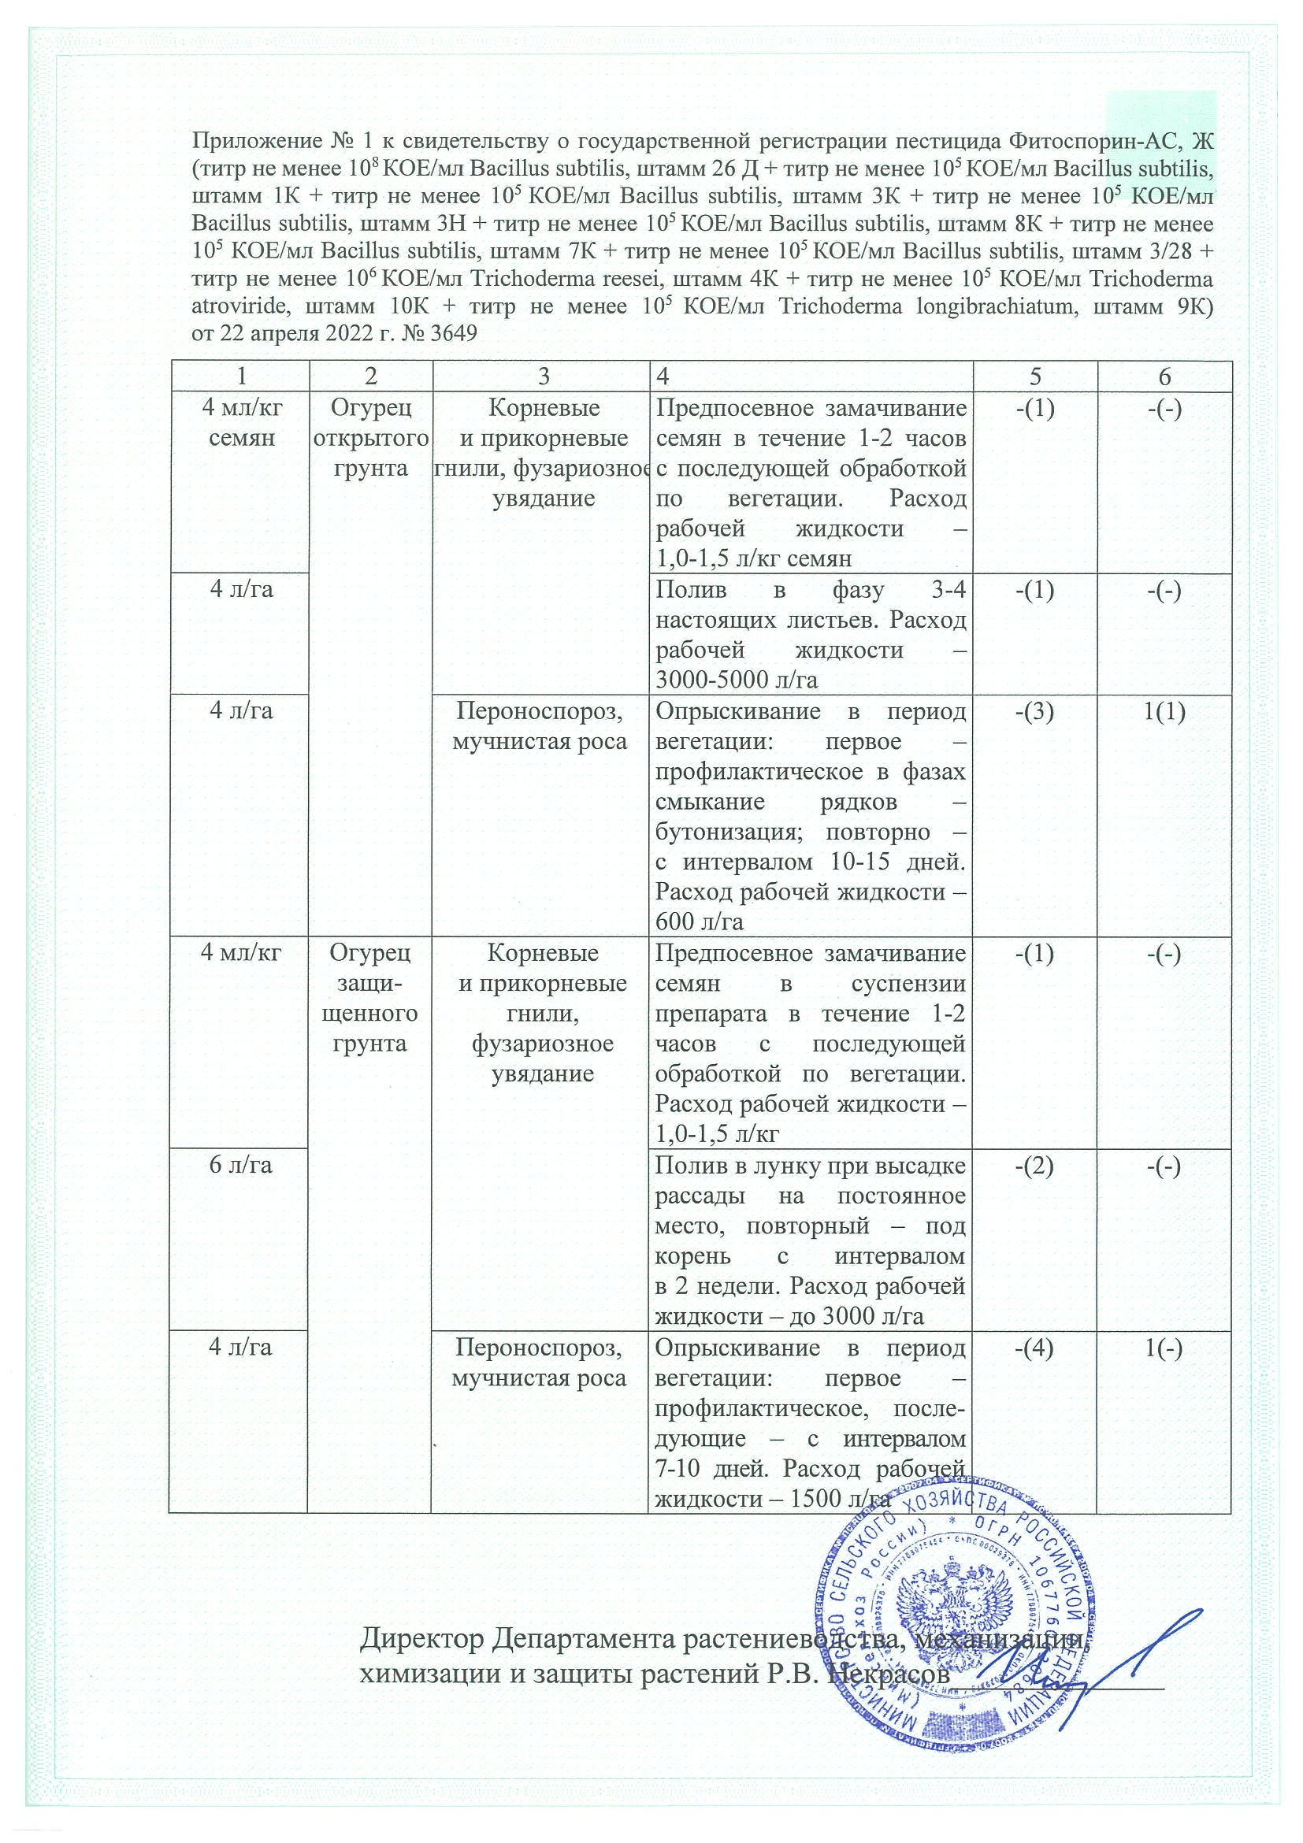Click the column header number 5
(x=1035, y=376)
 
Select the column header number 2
(x=370, y=376)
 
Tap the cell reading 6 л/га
(x=240, y=1165)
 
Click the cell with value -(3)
(x=1035, y=711)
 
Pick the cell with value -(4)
(x=1035, y=1348)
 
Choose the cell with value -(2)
(x=1035, y=1165)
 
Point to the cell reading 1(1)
(x=1164, y=711)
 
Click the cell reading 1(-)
(x=1164, y=1348)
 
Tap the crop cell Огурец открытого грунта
(x=370, y=438)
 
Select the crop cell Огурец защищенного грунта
(x=370, y=999)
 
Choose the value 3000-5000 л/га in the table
(x=737, y=680)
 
